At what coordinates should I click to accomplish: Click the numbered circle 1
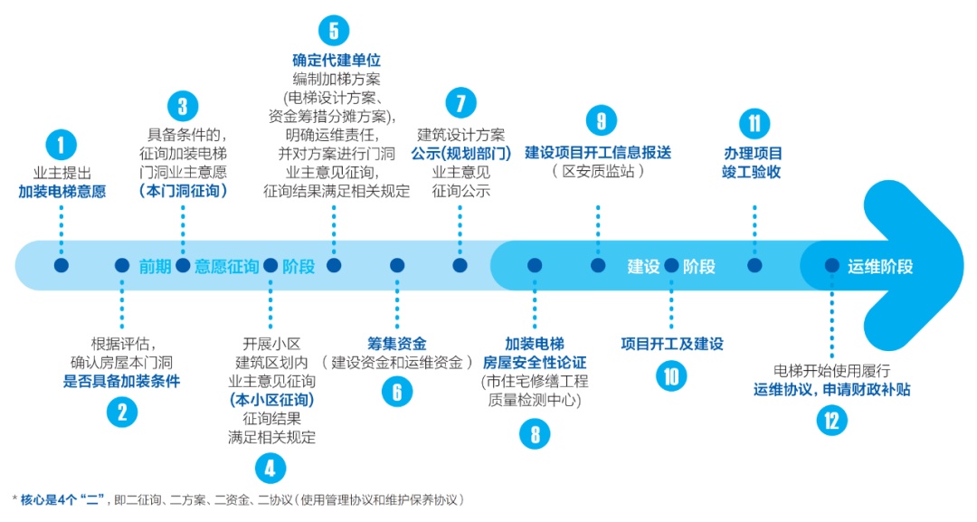click(x=61, y=145)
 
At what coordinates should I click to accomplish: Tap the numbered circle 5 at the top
click(x=334, y=30)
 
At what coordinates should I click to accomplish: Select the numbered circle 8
click(x=535, y=434)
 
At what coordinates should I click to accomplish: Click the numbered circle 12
click(x=831, y=420)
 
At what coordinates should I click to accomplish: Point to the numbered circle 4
click(x=270, y=468)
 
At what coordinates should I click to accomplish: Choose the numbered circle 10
click(x=671, y=375)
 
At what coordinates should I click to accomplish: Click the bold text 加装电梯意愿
click(x=62, y=191)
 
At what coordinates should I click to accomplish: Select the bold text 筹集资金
click(x=396, y=344)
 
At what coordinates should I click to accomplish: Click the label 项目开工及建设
click(x=672, y=344)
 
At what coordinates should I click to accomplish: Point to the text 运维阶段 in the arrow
click(x=880, y=266)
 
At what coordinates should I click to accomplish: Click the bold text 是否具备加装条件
click(x=121, y=381)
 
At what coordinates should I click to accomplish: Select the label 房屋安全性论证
click(x=535, y=363)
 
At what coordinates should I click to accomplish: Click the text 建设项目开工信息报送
click(x=598, y=152)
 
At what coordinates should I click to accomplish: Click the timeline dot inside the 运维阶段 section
click(x=831, y=265)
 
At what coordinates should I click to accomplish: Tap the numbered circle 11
click(x=754, y=123)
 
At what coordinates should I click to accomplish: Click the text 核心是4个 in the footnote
click(x=49, y=499)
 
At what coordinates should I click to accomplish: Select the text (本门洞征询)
click(x=183, y=191)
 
